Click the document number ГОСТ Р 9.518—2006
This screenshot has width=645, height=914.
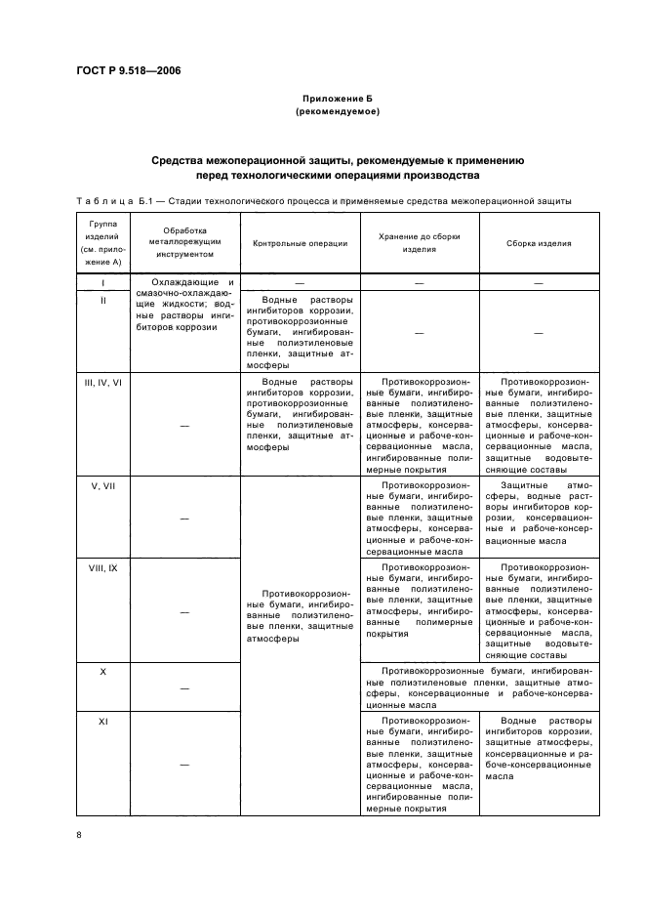coord(128,69)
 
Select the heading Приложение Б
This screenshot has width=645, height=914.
coord(337,100)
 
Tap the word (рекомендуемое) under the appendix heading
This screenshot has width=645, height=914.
coord(337,112)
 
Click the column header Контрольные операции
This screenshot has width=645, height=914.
coord(299,243)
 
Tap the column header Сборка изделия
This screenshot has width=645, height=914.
coord(539,243)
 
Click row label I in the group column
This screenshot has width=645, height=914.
coord(102,283)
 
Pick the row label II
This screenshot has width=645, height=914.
coord(102,300)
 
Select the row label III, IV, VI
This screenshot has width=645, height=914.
coord(102,382)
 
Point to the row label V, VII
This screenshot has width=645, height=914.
coord(102,485)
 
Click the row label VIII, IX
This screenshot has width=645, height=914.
coord(102,567)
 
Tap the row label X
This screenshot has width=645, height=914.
coord(102,672)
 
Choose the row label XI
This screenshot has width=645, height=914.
coord(102,721)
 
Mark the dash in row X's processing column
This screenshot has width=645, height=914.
coord(184,688)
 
